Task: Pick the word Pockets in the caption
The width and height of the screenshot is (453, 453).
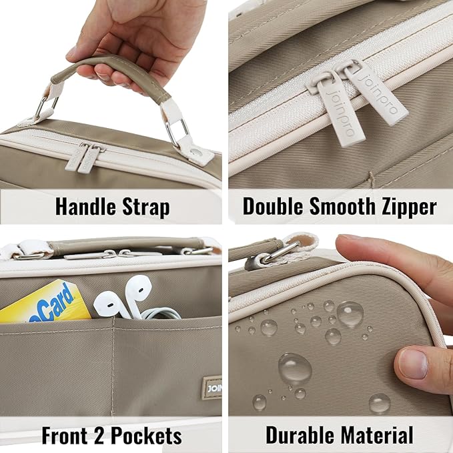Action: pos(145,436)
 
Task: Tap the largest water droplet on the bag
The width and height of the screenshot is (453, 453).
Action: pos(294,368)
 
